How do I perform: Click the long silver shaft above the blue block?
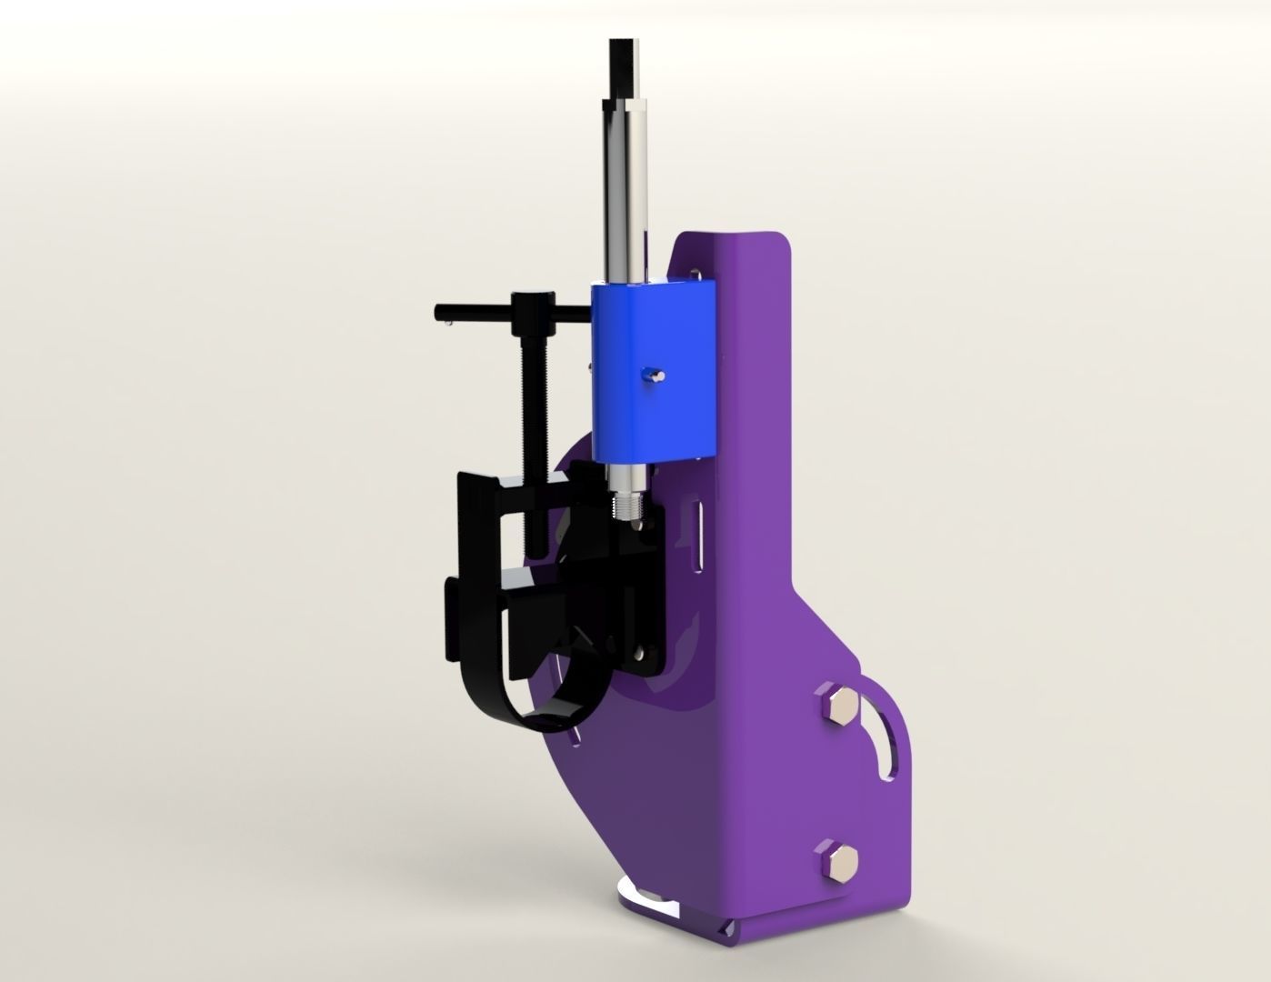click(625, 182)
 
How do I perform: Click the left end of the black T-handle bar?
click(442, 313)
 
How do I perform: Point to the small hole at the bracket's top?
click(696, 270)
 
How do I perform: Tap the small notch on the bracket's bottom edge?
click(725, 929)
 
